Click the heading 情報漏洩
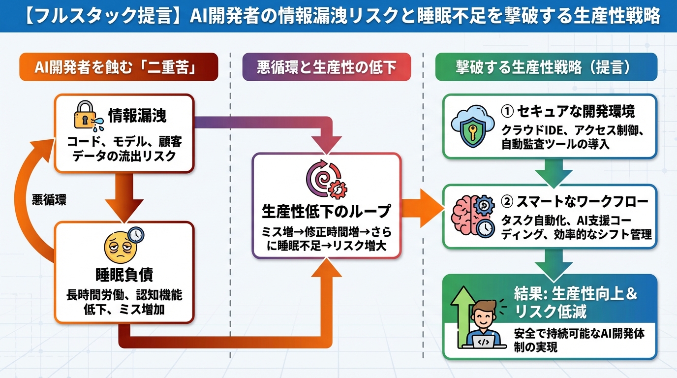(x=137, y=115)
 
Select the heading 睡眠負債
(x=124, y=275)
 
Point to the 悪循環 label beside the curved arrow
(x=49, y=200)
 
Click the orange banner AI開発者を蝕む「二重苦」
(x=118, y=67)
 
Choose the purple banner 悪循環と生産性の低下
(x=326, y=67)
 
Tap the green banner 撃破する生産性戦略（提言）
(x=546, y=67)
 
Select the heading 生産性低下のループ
(x=326, y=211)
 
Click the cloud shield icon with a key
(x=472, y=126)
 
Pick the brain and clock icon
(x=472, y=217)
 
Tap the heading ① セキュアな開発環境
(x=568, y=111)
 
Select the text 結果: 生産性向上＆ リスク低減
(x=576, y=303)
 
